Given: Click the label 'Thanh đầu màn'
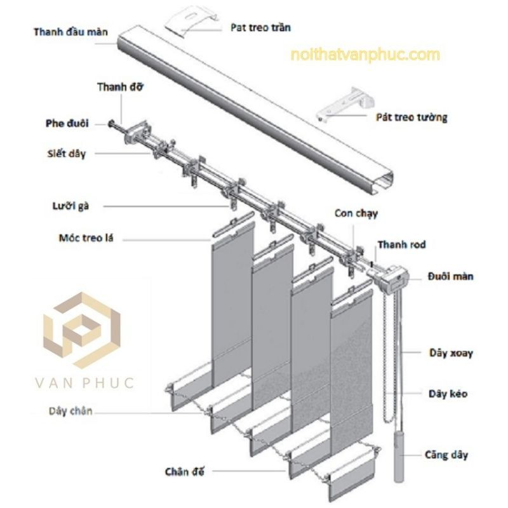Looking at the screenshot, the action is (x=70, y=32).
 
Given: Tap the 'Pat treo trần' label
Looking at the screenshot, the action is (x=260, y=27).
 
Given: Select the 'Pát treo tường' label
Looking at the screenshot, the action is (x=411, y=117).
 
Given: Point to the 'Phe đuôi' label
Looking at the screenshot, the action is (x=67, y=123).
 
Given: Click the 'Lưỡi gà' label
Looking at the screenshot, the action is (x=70, y=206).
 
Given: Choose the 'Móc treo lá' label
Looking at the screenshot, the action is (x=86, y=238).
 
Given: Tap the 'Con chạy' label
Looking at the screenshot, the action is (x=356, y=213).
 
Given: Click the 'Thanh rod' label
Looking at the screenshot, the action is (x=401, y=244).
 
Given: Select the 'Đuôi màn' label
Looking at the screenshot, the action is (x=450, y=276).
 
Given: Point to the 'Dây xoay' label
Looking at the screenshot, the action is (x=451, y=353).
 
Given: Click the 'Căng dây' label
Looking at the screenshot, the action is (x=446, y=455).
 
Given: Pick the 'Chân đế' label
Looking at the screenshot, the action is (x=185, y=472).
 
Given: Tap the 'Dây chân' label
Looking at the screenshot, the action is (x=70, y=411).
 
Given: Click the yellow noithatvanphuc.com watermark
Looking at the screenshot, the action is (x=365, y=55).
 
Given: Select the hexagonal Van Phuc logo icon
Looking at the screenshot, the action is (x=82, y=330).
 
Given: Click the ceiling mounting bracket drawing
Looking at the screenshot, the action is (x=191, y=20).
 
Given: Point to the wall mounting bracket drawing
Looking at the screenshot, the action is (x=345, y=104).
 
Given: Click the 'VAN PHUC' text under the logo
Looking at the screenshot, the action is (x=84, y=383).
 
